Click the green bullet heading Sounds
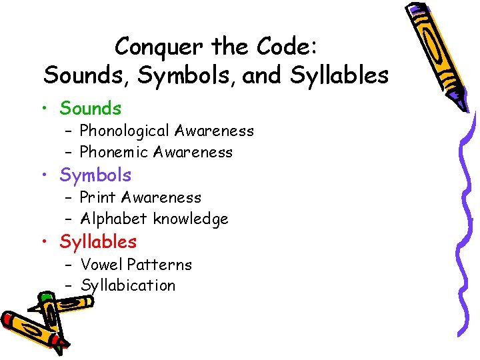(x=91, y=108)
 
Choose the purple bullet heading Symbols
(x=95, y=175)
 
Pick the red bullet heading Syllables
(x=98, y=242)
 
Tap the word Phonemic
(x=114, y=152)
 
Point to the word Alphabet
(x=115, y=219)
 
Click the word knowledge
(x=191, y=219)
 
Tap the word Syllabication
(x=128, y=286)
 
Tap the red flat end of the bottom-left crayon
(x=9, y=318)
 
